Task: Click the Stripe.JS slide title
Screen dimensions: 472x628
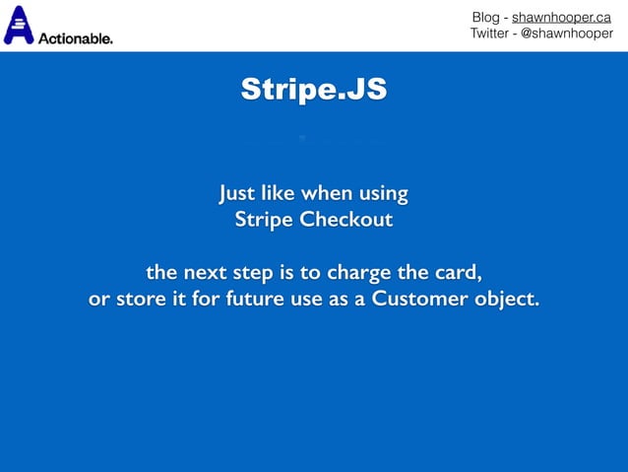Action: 314,92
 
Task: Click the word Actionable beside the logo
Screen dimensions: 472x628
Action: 75,38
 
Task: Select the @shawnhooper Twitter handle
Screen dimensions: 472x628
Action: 563,34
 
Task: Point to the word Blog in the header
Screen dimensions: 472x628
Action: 485,17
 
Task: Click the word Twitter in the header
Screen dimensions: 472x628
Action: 492,34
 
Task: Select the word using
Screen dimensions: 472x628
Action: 382,190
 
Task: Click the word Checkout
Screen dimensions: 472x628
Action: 345,219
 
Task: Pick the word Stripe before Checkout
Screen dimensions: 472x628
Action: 264,219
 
